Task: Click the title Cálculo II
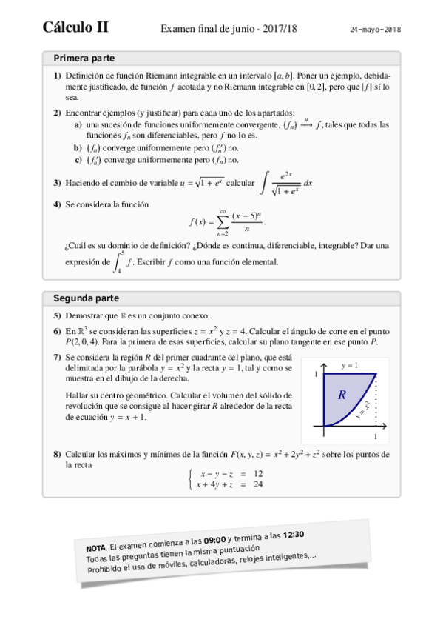[x=75, y=28]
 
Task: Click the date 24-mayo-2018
[x=375, y=30]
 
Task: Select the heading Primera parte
[x=84, y=58]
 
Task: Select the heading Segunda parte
[x=86, y=298]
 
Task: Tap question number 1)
[x=57, y=76]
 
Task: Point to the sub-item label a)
[x=78, y=125]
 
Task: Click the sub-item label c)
[x=78, y=159]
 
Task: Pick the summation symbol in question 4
[x=220, y=221]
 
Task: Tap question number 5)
[x=57, y=315]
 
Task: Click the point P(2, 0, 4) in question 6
[x=87, y=341]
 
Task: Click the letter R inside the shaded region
[x=342, y=395]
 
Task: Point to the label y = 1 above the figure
[x=350, y=367]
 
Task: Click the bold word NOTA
[x=97, y=547]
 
